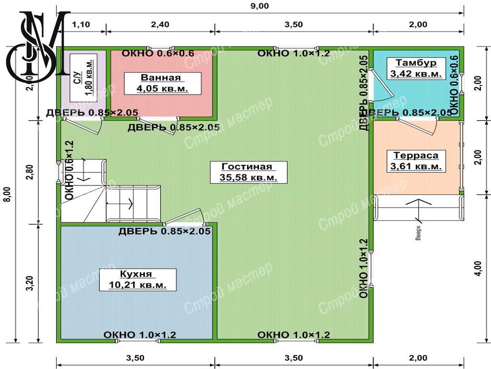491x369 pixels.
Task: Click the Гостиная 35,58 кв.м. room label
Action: (248, 172)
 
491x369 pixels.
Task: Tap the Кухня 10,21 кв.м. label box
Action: (138, 280)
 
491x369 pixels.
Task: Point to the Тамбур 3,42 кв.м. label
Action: (416, 68)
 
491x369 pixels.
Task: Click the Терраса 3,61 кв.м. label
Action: (416, 161)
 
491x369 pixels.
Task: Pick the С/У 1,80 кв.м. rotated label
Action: (83, 78)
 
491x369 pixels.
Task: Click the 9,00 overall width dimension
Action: (259, 6)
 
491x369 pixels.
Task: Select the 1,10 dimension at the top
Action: (81, 25)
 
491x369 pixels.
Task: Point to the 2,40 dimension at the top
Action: (160, 25)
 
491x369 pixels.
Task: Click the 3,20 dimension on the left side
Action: (30, 283)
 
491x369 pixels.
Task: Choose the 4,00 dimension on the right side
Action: (478, 269)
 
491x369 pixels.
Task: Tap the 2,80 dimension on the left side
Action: (30, 172)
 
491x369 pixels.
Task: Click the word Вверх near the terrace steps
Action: (418, 233)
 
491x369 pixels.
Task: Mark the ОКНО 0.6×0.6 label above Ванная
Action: (158, 53)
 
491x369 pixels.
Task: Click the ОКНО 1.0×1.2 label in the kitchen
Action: (140, 335)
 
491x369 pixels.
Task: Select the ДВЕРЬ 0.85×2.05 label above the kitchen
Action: (164, 231)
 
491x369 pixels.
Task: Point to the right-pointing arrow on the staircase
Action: (119, 204)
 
